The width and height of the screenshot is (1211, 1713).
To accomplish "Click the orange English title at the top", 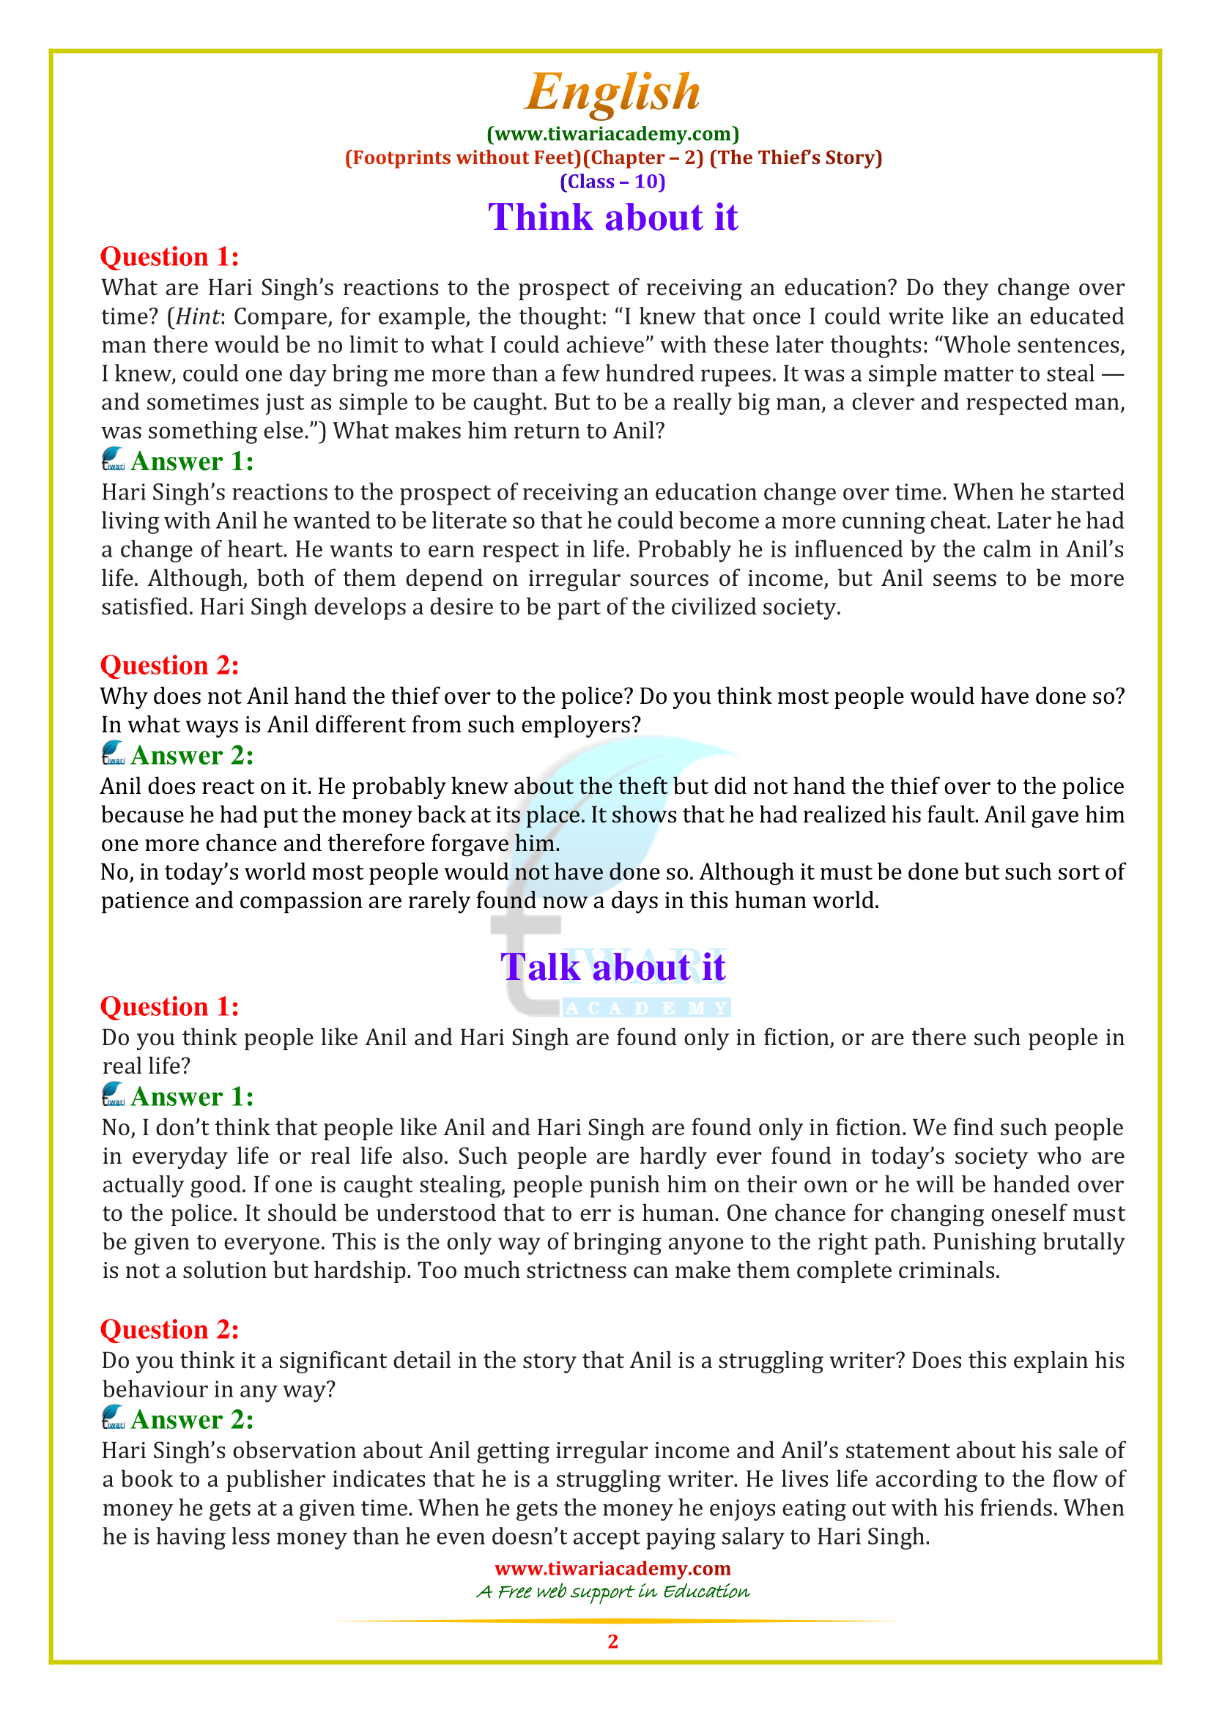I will tap(612, 92).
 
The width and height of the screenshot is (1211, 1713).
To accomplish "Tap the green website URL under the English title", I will tap(612, 133).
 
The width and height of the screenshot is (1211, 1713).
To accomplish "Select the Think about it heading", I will tap(612, 217).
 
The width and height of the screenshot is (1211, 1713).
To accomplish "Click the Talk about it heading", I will tap(612, 967).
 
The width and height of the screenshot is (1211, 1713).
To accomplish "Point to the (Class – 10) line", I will tap(612, 182).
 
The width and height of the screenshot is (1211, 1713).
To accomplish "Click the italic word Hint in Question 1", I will tap(198, 316).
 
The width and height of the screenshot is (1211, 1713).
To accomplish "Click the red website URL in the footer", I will tap(612, 1568).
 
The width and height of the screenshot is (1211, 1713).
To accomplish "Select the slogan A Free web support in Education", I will tap(612, 1591).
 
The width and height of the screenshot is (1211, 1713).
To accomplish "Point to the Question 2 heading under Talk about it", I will tap(169, 1329).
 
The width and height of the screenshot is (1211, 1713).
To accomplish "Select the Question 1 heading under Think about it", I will tap(169, 256).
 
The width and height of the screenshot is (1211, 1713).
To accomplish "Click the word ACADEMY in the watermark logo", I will tap(646, 1008).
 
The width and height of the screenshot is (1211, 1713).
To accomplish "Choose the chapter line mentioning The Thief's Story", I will tap(612, 157).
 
